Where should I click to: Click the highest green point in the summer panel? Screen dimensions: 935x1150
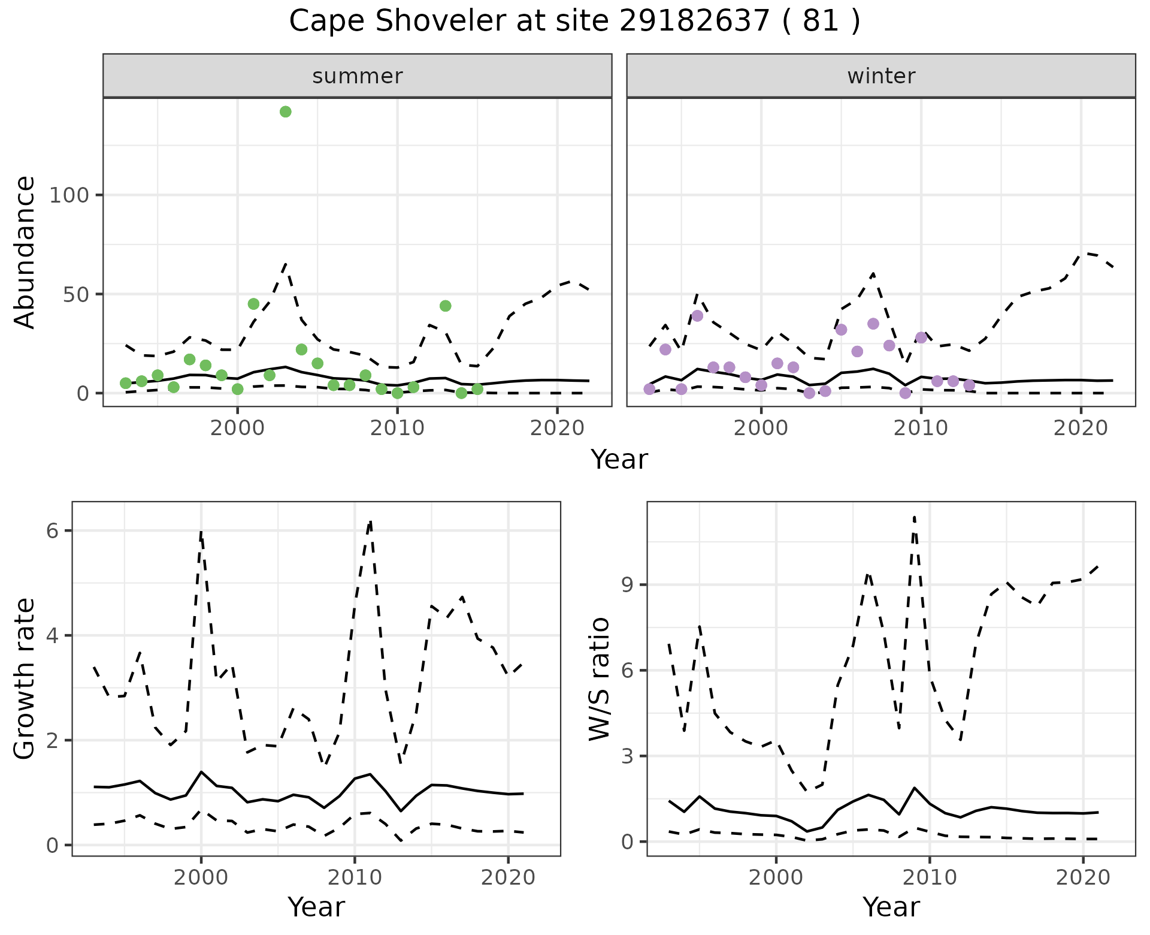pos(286,111)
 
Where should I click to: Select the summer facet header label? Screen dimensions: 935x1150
pos(358,76)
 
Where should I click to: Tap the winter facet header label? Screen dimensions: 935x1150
pos(881,76)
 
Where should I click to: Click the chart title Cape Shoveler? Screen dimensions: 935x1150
pos(574,22)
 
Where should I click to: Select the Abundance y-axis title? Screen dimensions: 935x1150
pos(25,252)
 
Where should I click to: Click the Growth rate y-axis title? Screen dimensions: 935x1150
pos(25,678)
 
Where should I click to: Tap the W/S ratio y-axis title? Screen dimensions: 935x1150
pos(600,678)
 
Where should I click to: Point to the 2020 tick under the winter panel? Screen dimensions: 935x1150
pos(1081,429)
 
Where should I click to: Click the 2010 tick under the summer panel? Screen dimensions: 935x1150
pos(397,429)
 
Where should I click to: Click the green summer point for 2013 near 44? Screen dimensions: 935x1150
pos(445,306)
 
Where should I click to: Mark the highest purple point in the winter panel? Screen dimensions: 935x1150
pos(697,316)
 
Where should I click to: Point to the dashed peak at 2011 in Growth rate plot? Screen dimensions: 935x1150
pos(370,521)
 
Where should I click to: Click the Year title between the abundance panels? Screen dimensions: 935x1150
pos(619,460)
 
